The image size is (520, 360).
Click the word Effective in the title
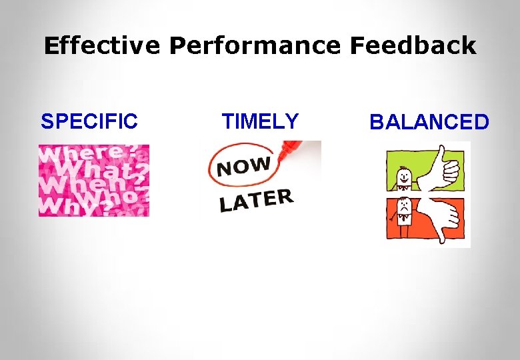102,46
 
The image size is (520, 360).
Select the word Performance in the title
255,46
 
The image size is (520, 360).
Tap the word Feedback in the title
413,46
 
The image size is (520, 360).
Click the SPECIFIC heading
89,121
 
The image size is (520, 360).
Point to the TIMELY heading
260,121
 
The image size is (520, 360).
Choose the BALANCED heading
429,122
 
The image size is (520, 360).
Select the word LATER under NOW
256,200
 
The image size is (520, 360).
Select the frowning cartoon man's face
405,206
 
